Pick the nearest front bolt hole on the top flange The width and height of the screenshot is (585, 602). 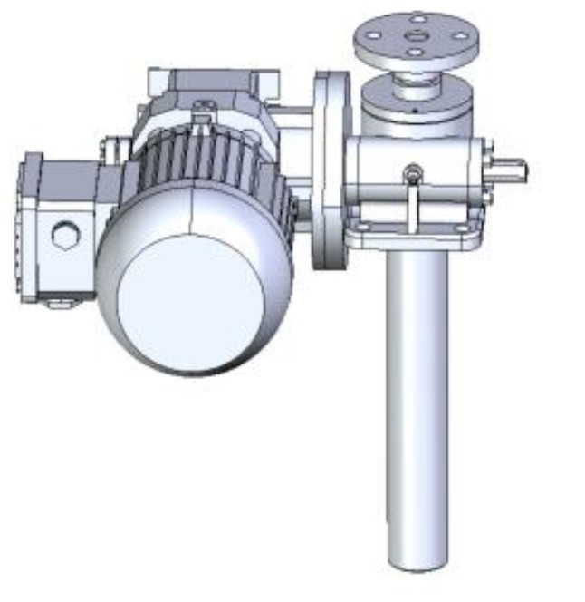(415, 52)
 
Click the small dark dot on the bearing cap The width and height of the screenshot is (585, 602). (412, 109)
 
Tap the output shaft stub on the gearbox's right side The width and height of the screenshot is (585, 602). (509, 170)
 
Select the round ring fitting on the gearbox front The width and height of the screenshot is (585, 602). (413, 170)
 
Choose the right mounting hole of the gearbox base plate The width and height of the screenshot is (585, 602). (465, 227)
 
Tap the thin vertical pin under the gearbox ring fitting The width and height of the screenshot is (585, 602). (413, 204)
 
